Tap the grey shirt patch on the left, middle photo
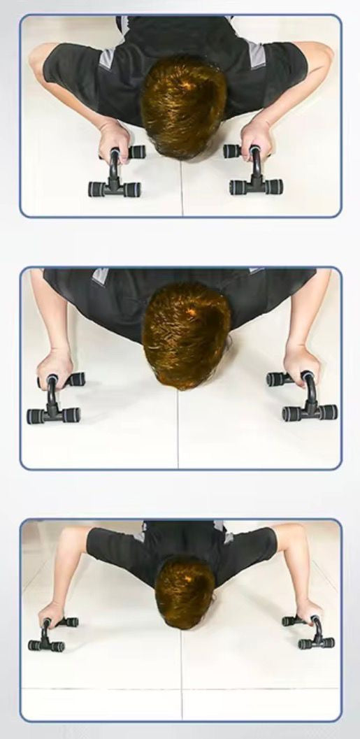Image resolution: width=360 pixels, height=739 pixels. (101, 276)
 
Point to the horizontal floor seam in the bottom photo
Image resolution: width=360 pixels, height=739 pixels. (105, 689)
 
